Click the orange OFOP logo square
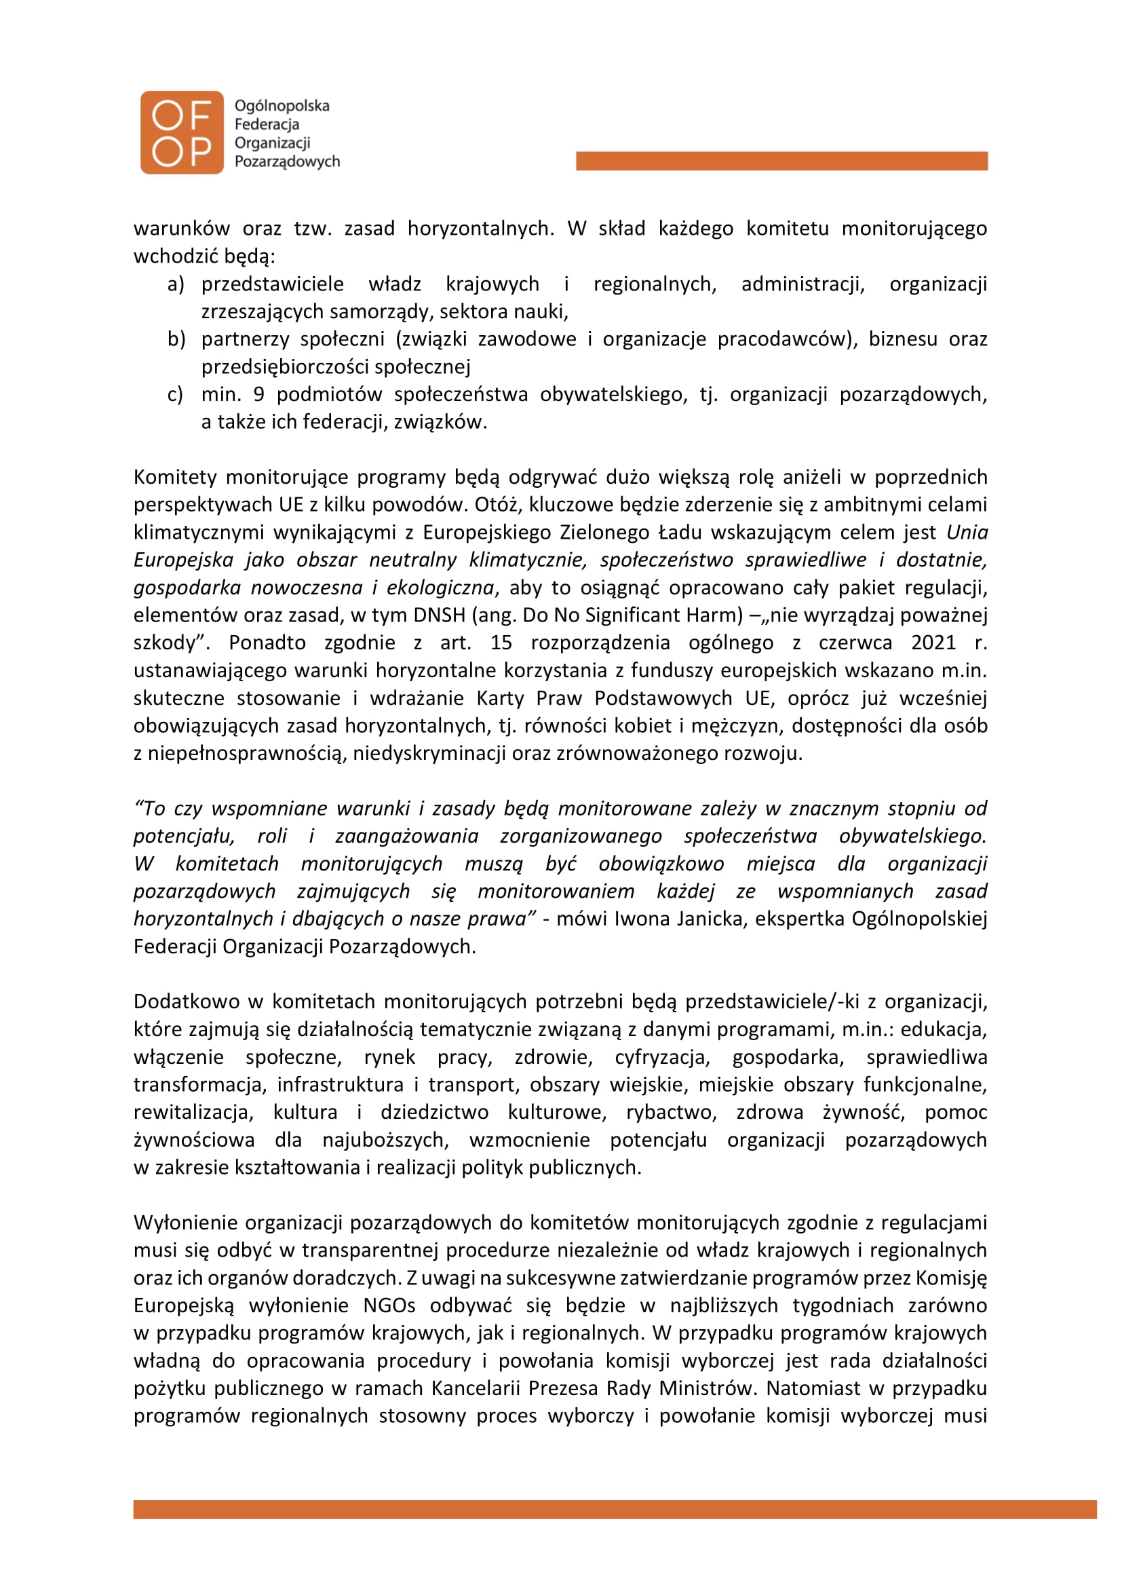coord(182,133)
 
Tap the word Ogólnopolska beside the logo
coord(282,106)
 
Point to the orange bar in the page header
coord(781,161)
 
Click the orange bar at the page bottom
coord(615,1509)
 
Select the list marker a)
coord(176,284)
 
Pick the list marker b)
coord(176,339)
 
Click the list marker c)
coord(175,395)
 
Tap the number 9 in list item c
coord(258,395)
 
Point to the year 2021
coord(933,643)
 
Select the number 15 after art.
coord(501,643)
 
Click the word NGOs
coord(389,1305)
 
